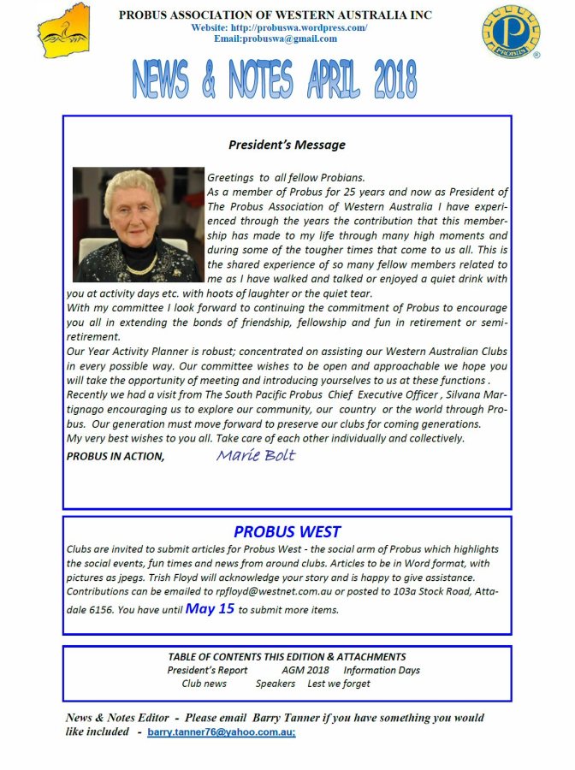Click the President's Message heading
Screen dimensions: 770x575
point(287,145)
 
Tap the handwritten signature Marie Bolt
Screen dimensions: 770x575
point(255,455)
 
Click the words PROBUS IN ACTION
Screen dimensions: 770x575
point(115,457)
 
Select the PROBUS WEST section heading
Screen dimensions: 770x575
point(287,532)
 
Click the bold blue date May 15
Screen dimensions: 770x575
point(210,609)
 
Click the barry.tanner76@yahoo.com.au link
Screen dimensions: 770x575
point(222,734)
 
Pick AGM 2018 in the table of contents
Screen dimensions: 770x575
point(305,671)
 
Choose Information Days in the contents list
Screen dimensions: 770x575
point(382,671)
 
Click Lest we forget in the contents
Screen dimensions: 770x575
point(339,684)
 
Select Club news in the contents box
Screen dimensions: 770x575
point(204,684)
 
